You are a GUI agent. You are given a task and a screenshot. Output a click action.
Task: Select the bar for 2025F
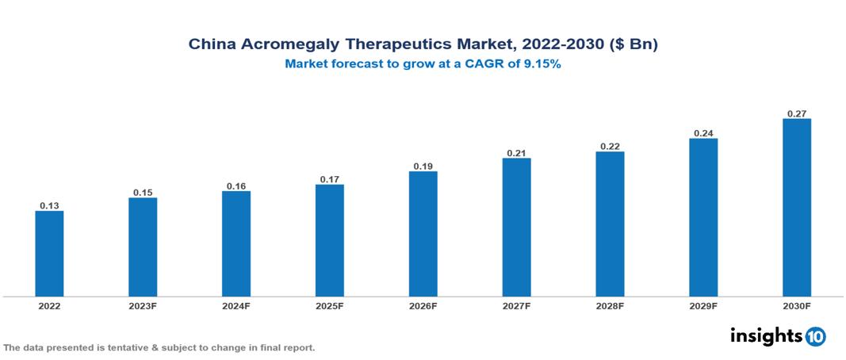329,240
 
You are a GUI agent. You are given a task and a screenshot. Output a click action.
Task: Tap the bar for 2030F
796,208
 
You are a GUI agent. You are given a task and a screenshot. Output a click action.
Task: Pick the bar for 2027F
516,228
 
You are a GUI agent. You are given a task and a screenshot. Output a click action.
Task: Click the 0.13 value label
49,206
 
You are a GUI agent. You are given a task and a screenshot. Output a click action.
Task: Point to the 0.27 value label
796,114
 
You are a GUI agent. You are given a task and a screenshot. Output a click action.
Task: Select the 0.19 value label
423,167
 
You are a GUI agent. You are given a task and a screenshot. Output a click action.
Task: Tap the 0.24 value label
703,133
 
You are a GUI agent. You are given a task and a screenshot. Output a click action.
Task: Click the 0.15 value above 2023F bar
143,193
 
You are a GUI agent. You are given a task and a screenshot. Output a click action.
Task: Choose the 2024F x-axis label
236,305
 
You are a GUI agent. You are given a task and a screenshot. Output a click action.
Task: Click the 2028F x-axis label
610,305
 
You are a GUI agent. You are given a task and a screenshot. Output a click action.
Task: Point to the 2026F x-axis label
423,305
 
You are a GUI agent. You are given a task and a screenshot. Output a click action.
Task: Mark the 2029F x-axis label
703,305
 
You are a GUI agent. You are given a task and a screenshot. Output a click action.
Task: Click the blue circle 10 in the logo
816,337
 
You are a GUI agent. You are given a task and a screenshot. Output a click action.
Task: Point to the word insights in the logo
765,336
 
